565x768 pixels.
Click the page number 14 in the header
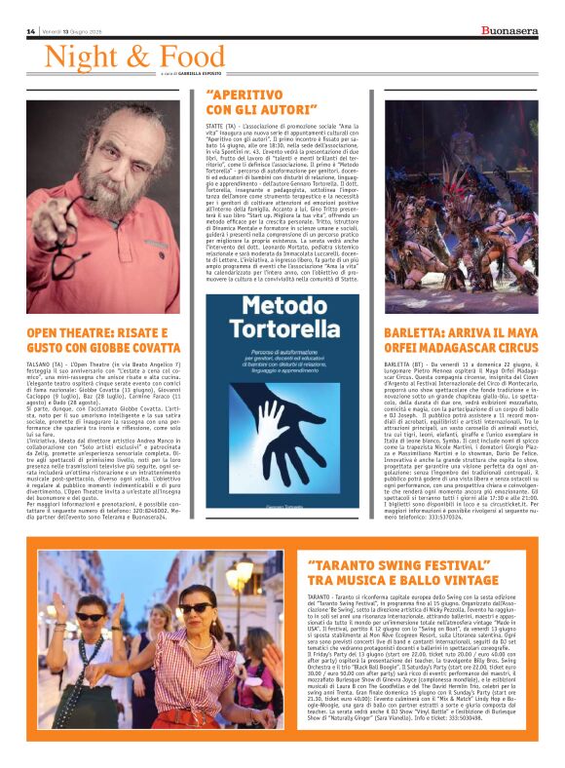tap(31, 32)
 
